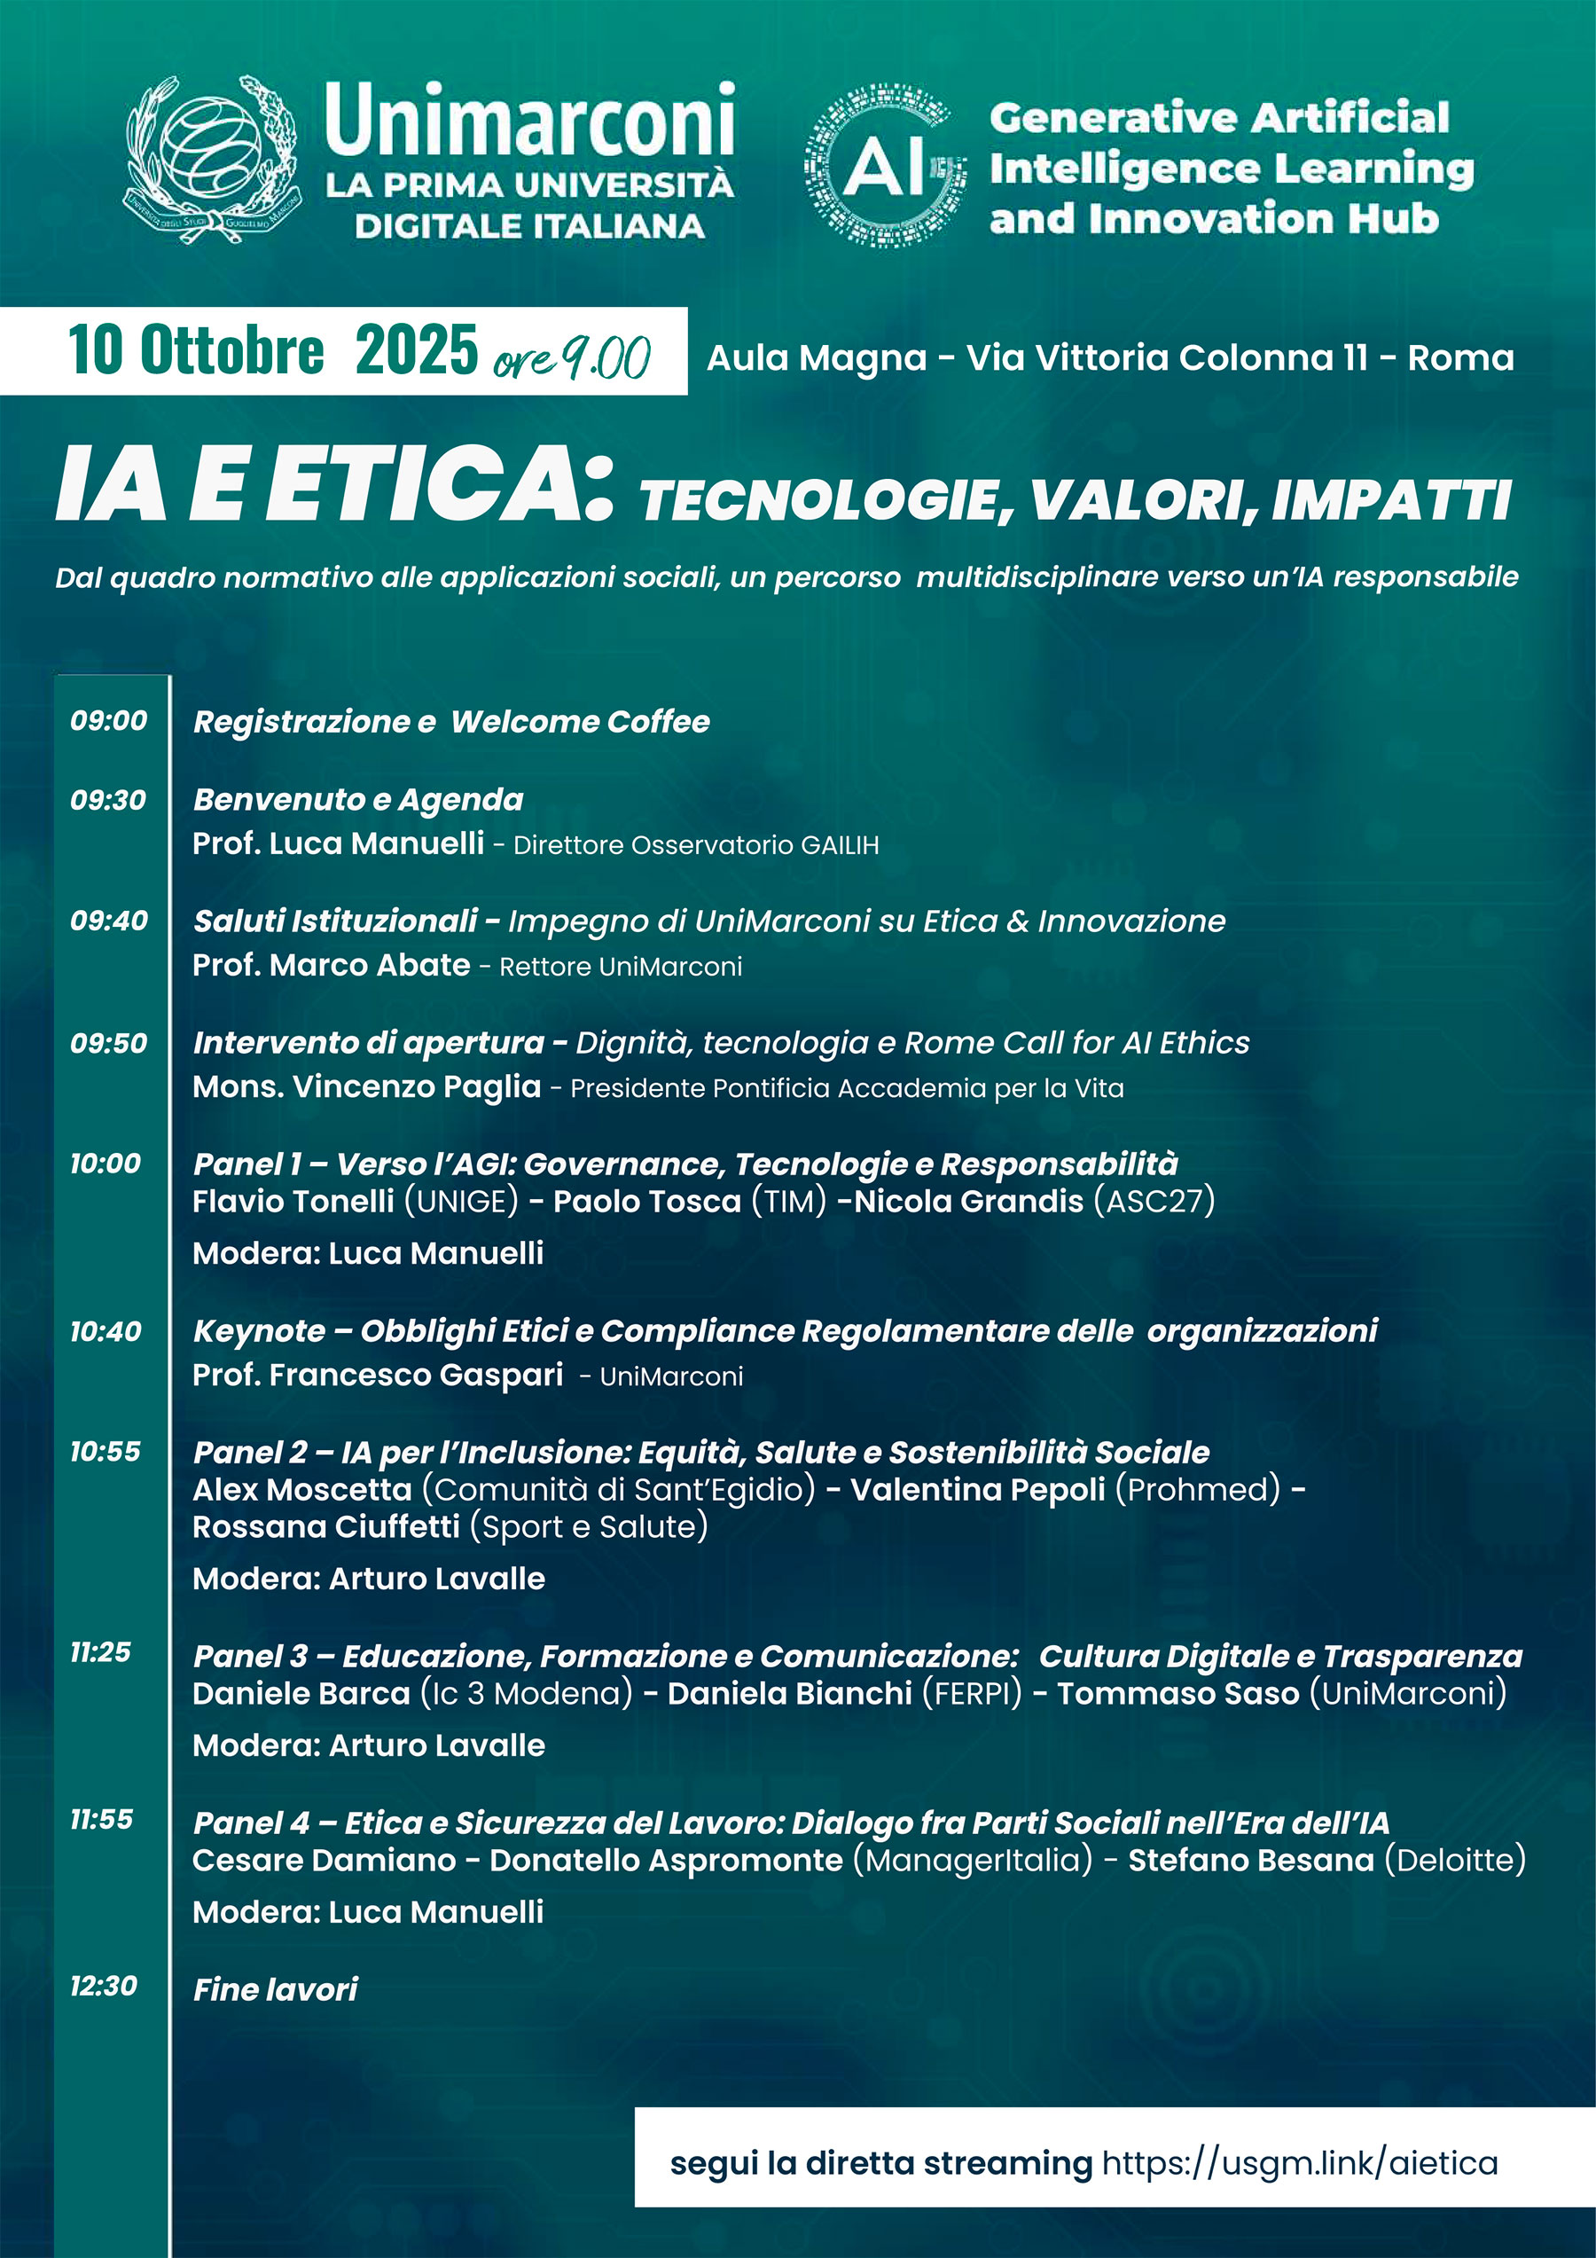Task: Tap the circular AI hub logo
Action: (884, 165)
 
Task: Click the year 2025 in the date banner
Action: (416, 350)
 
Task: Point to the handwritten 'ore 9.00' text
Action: (571, 358)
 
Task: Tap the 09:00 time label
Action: (108, 721)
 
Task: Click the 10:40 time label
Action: (106, 1331)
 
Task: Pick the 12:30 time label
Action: (103, 1986)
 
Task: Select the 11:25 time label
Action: (100, 1652)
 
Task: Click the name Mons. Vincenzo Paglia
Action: (367, 1086)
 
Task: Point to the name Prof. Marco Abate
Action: (332, 965)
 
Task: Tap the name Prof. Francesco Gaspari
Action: (378, 1375)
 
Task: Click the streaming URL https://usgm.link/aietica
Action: (1300, 2164)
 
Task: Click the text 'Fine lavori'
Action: (276, 1989)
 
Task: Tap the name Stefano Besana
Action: (1251, 1861)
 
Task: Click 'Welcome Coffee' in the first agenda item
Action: (580, 722)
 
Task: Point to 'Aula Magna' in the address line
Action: (817, 358)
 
